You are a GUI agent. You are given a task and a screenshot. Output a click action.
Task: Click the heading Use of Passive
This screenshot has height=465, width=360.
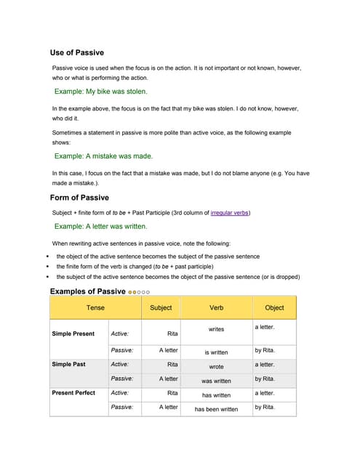76,52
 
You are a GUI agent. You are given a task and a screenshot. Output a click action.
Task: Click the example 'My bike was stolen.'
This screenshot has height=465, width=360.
101,92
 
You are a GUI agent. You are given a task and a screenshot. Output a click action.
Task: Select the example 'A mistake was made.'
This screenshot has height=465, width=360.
104,155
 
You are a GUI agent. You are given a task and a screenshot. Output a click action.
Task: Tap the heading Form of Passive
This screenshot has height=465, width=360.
79,198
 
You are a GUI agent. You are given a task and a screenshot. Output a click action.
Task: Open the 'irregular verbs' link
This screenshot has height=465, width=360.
230,213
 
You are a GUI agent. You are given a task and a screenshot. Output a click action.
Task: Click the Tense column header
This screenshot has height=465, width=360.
95,307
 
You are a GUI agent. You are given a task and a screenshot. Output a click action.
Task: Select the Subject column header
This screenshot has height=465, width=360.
161,307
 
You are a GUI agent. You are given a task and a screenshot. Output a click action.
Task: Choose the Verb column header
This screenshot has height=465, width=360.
216,307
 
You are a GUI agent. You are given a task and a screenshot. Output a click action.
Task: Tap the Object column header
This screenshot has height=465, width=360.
274,307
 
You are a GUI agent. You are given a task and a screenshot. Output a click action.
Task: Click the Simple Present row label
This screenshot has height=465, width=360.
73,334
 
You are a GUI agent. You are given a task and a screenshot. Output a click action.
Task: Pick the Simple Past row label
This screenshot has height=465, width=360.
68,364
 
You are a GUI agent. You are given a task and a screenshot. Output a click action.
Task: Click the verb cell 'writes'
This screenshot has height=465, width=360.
216,329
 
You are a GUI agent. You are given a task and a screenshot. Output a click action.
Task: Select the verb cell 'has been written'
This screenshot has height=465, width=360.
216,409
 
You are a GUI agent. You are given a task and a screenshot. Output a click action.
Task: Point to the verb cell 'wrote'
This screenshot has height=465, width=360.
216,366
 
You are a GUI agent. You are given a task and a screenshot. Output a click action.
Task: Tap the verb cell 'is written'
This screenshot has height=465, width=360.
216,352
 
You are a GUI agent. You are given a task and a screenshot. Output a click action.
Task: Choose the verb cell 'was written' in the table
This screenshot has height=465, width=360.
216,381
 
